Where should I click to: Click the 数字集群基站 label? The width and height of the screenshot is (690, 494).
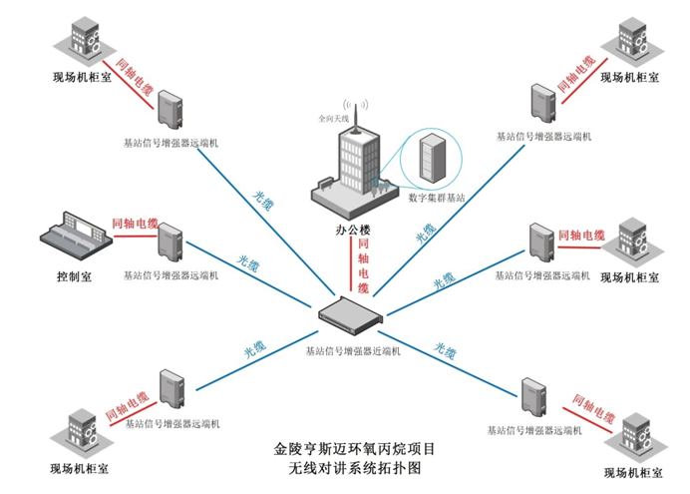pyautogui.click(x=436, y=198)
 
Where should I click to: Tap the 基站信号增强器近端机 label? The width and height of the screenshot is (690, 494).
pyautogui.click(x=352, y=350)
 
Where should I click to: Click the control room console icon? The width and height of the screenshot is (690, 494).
pyautogui.click(x=71, y=238)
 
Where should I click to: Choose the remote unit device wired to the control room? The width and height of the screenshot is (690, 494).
pyautogui.click(x=171, y=244)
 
